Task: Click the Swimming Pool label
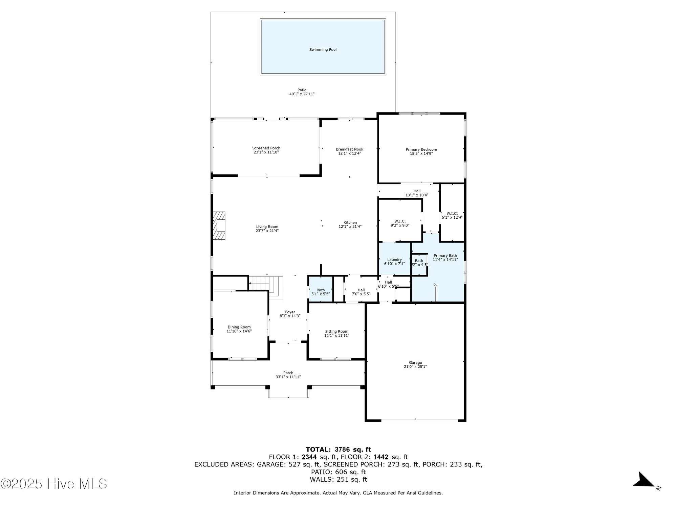click(323, 50)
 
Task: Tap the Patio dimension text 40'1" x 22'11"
click(302, 94)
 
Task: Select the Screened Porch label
click(266, 148)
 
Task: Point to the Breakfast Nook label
click(349, 149)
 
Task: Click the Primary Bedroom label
click(421, 149)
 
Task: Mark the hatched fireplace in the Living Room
click(219, 226)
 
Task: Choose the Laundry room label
click(394, 260)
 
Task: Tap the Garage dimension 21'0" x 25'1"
click(415, 367)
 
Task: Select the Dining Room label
click(239, 327)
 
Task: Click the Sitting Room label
click(336, 332)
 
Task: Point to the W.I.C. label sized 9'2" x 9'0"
click(400, 221)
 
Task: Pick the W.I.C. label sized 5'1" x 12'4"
click(452, 214)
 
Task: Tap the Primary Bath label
click(445, 256)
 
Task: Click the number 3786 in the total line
click(342, 450)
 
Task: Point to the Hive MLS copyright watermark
click(54, 484)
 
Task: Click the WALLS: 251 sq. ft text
click(338, 479)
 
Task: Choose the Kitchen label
click(350, 222)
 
